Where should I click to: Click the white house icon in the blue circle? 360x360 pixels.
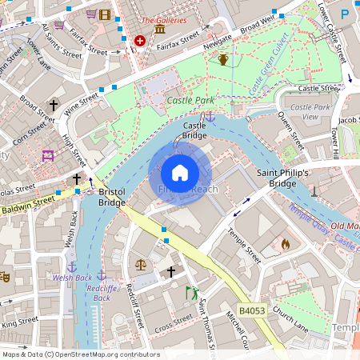coord(180,173)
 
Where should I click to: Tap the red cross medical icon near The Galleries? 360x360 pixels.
coord(141,40)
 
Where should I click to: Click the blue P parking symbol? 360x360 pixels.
coord(345,14)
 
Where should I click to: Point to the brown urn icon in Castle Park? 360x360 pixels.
coord(223,60)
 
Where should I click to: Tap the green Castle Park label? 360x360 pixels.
coord(190,101)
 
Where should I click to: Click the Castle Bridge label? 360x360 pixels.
coord(195,130)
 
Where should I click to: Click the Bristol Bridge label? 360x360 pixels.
coord(111,197)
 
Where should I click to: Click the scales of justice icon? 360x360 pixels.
coord(142,263)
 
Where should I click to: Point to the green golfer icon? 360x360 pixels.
coord(190,293)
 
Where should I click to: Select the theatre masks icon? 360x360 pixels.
coord(4,277)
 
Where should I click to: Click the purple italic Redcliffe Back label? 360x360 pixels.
coord(102,292)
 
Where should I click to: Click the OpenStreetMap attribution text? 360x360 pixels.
coord(80,354)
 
